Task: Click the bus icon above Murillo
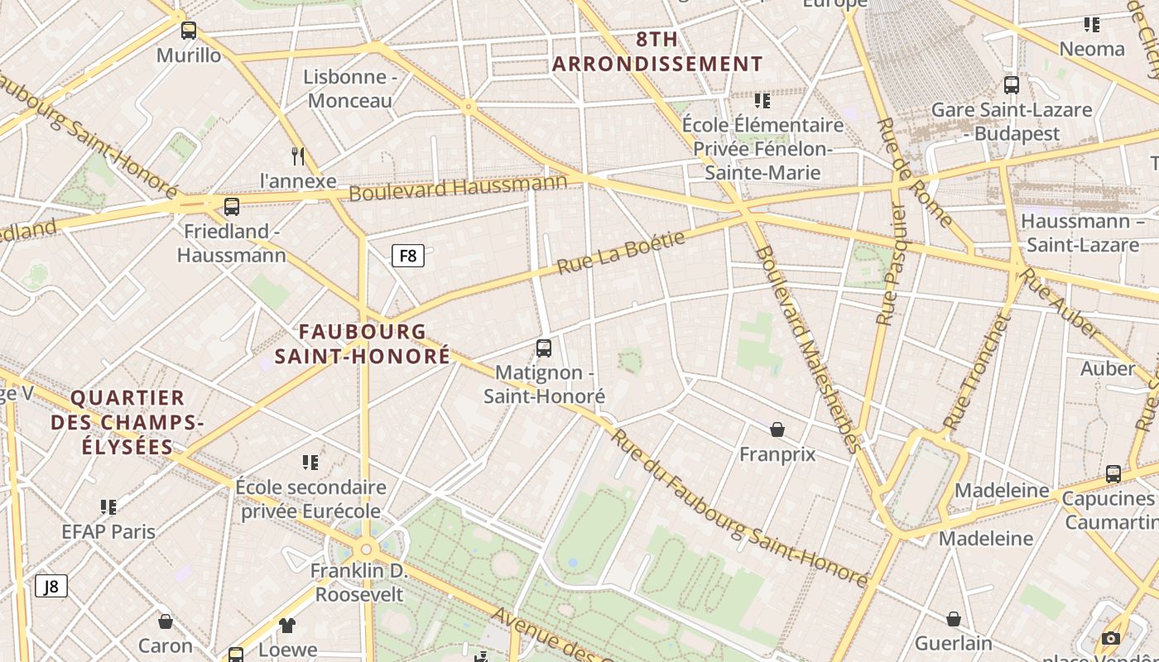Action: pyautogui.click(x=189, y=31)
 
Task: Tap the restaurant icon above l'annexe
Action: pyautogui.click(x=298, y=156)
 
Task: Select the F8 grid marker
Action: pyautogui.click(x=407, y=256)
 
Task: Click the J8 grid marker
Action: pyautogui.click(x=51, y=587)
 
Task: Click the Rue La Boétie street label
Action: pyautogui.click(x=621, y=253)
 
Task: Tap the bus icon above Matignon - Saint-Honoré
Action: pyautogui.click(x=544, y=348)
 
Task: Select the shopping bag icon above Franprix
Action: pyautogui.click(x=777, y=429)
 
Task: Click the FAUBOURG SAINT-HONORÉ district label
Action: pyautogui.click(x=363, y=343)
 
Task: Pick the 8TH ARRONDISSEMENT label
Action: pyautogui.click(x=657, y=51)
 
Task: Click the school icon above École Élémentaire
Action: pyautogui.click(x=762, y=101)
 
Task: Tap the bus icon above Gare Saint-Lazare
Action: pyautogui.click(x=1011, y=84)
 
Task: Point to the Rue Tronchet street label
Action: pyautogui.click(x=977, y=372)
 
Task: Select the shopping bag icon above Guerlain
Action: pyautogui.click(x=954, y=619)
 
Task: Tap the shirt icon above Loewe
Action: pyautogui.click(x=287, y=625)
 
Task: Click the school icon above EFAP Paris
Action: pyautogui.click(x=108, y=506)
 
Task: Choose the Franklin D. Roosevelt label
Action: pyautogui.click(x=359, y=583)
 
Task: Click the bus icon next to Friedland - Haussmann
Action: pyautogui.click(x=232, y=206)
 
